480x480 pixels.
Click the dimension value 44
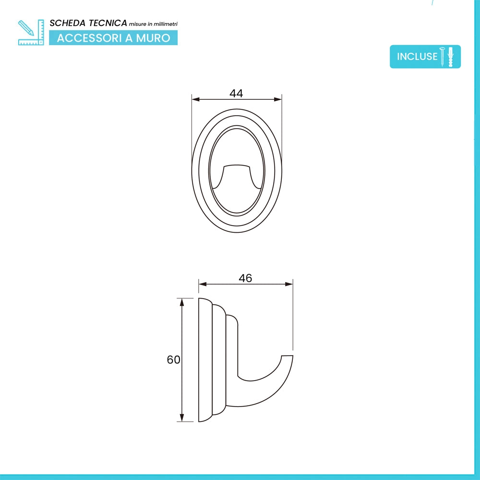point(236,93)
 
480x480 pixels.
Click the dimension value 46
point(245,278)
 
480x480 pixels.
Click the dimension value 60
point(173,360)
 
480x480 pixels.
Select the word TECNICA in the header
point(108,23)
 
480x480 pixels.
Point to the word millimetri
point(165,24)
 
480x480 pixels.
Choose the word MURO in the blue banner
point(153,38)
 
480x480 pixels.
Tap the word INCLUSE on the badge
point(417,56)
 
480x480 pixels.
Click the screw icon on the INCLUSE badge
point(442,57)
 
